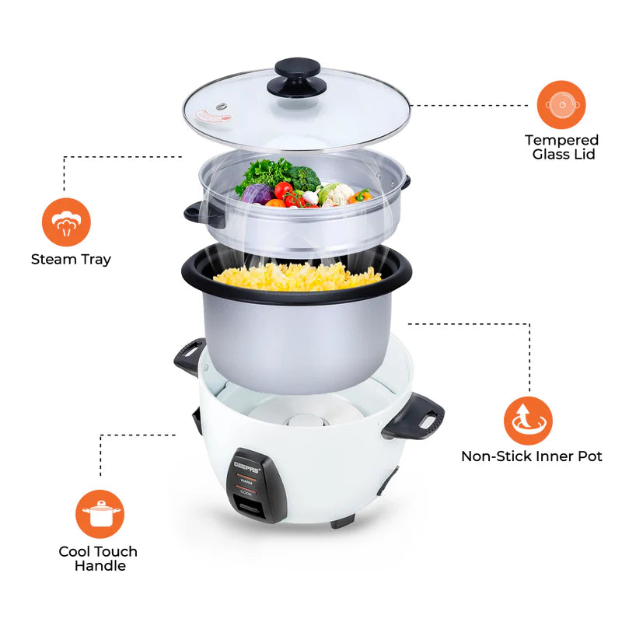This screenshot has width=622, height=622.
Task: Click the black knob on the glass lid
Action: tap(300, 75)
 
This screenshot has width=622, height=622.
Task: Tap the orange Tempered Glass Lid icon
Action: tap(561, 105)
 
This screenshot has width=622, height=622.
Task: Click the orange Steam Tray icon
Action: tap(66, 222)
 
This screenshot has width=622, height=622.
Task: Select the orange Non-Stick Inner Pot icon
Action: tap(528, 421)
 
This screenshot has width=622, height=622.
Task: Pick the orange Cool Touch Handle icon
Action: tap(100, 514)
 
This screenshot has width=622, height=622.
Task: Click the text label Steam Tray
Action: tap(71, 260)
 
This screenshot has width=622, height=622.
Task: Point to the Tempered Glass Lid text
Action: tap(561, 147)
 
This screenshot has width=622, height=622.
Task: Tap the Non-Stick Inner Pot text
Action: tap(531, 456)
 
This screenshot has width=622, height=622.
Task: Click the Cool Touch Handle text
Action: tap(99, 558)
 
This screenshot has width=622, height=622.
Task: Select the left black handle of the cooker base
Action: tap(189, 356)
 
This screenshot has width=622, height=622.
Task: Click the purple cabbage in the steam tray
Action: tap(257, 194)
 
